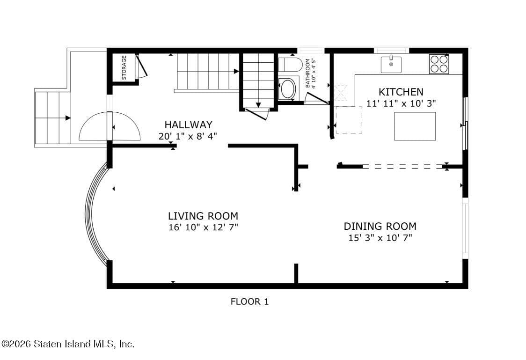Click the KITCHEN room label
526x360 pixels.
[401, 92]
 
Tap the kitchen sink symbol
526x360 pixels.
[391, 64]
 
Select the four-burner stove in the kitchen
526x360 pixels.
[439, 64]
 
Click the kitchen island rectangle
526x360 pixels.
[415, 126]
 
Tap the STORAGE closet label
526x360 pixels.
[124, 68]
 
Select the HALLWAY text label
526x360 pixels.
[188, 125]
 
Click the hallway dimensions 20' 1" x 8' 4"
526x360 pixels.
[188, 136]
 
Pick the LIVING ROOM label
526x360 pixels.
[203, 216]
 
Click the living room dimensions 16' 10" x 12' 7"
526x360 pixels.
[203, 227]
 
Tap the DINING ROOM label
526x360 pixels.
[380, 227]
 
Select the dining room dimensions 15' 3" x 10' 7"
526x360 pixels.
[380, 238]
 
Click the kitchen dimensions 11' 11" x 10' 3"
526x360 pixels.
[401, 103]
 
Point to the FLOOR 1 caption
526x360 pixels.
[249, 301]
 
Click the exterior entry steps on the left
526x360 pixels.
[52, 118]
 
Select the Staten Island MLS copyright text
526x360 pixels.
[68, 344]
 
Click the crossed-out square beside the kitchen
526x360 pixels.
[341, 93]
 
